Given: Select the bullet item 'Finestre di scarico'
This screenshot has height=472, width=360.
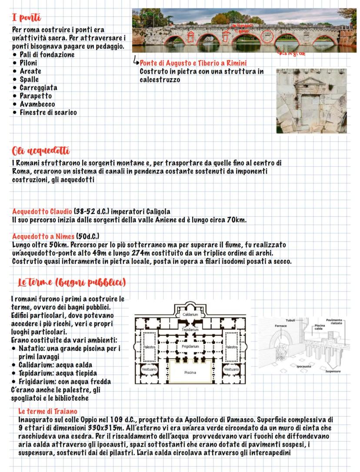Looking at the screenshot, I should click(48, 113).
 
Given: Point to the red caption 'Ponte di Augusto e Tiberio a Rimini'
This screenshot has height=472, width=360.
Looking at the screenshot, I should click(193, 63).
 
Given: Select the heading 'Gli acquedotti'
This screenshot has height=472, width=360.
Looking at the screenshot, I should click(40, 151).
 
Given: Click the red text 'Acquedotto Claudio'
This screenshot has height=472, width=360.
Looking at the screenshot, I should click(38, 212).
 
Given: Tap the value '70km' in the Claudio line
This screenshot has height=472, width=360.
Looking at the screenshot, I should click(237, 220).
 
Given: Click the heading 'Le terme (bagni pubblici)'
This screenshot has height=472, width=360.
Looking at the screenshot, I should click(71, 283).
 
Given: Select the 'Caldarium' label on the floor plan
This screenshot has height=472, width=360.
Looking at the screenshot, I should click(190, 314).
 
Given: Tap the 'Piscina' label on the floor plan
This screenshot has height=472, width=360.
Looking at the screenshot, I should click(190, 372).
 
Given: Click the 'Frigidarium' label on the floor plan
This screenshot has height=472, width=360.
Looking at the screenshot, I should click(190, 347).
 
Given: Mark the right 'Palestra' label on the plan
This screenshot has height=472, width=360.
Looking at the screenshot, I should click(232, 347).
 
